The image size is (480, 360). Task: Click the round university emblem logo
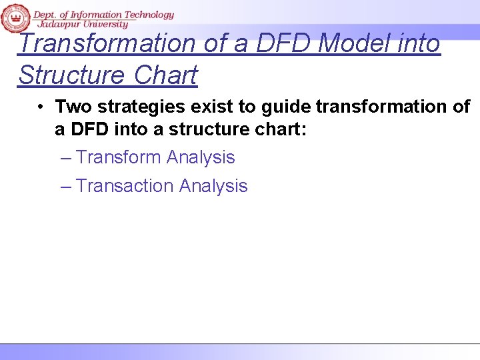[x=15, y=17]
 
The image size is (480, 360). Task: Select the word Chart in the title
[x=167, y=75]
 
